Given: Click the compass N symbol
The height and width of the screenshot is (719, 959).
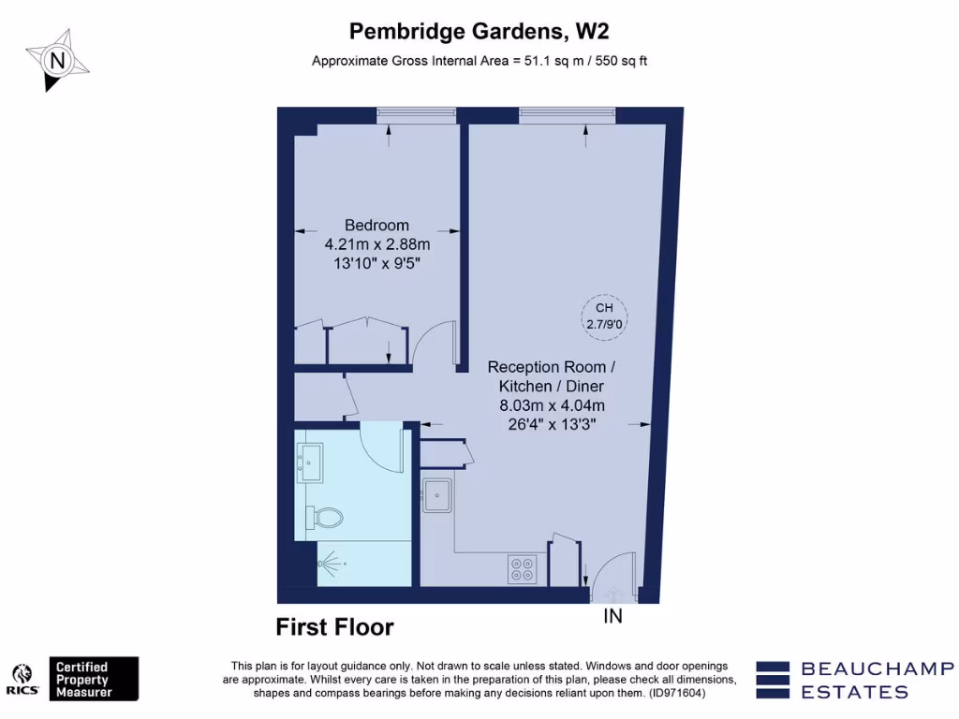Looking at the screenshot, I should click(x=59, y=60).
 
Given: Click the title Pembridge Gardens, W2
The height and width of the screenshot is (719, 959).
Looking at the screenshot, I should click(x=479, y=31).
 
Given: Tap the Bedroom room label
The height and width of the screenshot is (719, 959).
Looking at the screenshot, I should click(x=376, y=225).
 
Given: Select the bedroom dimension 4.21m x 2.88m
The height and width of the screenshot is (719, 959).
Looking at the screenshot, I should click(x=376, y=244).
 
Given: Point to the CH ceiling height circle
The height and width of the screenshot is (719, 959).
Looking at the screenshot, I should click(x=604, y=315).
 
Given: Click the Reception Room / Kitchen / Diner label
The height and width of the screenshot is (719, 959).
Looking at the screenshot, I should click(x=552, y=376).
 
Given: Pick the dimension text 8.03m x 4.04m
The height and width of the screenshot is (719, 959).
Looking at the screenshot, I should click(x=552, y=405).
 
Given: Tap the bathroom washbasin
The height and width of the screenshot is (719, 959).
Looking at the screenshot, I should click(x=309, y=462).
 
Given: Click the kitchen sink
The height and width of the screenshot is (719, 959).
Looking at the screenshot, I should click(x=437, y=495).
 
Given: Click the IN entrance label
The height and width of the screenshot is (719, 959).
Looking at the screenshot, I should click(x=612, y=616).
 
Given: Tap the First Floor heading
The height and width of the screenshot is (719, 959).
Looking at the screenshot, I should click(x=334, y=627).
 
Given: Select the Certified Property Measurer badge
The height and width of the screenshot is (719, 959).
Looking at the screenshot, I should click(x=94, y=679).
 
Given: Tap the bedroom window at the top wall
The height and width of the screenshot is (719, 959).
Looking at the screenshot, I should click(x=416, y=115).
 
